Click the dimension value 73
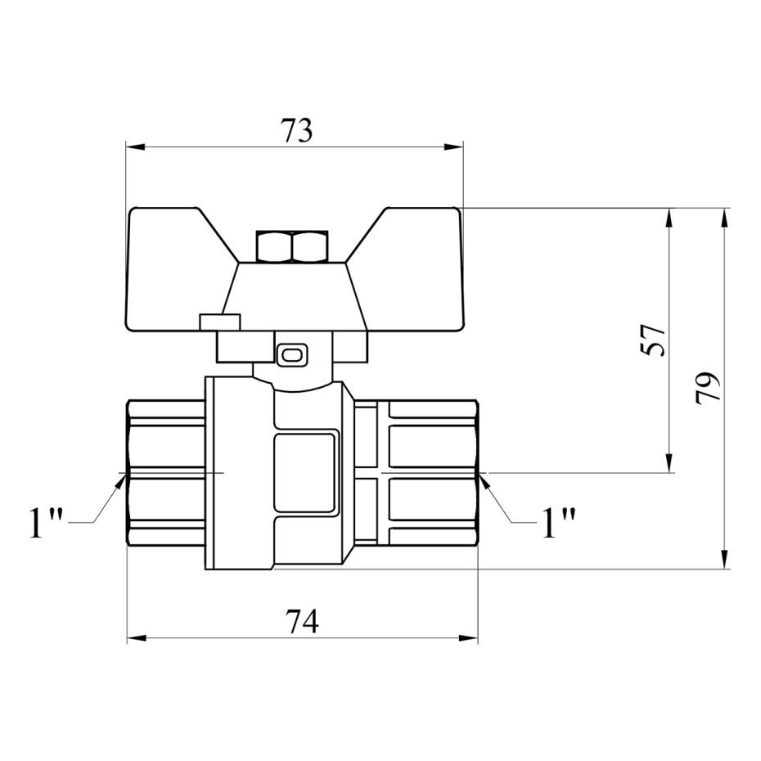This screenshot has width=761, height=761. point(297,131)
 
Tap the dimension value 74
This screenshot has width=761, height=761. point(301,622)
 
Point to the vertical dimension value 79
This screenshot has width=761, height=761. point(708,388)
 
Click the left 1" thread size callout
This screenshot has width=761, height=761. point(47,523)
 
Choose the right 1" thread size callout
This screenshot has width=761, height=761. point(558,523)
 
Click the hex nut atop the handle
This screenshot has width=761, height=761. point(293,246)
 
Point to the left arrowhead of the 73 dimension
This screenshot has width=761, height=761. point(136,146)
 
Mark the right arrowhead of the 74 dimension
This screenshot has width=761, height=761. point(468,639)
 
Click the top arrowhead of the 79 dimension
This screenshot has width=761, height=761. point(724,218)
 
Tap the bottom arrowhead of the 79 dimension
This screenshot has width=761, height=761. point(724,559)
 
